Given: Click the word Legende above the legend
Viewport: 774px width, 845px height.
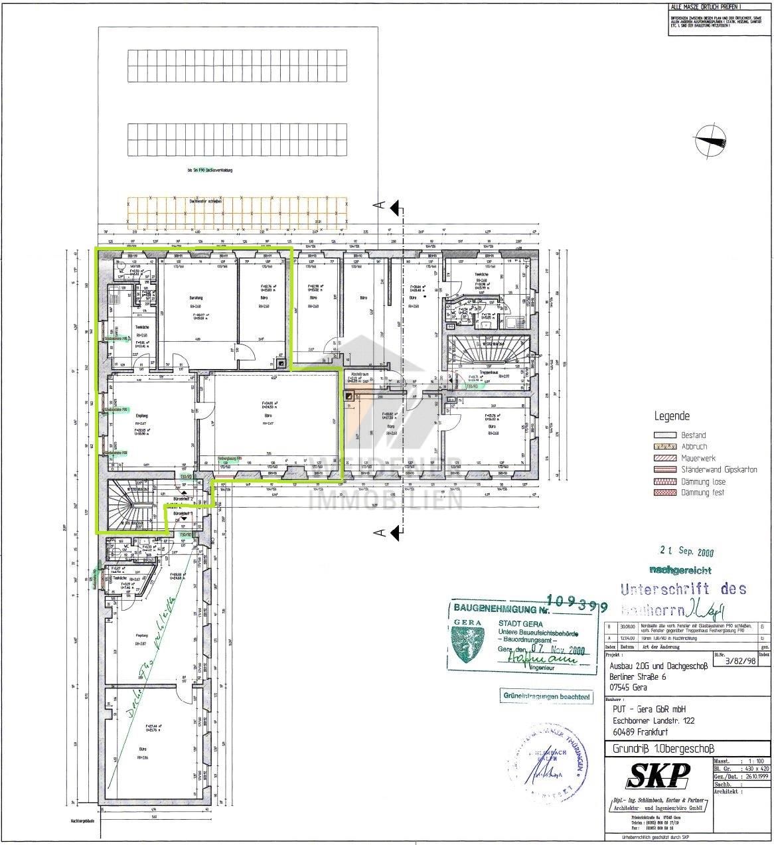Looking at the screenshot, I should tap(672, 417).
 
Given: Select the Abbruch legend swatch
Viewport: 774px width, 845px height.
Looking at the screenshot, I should tap(666, 447).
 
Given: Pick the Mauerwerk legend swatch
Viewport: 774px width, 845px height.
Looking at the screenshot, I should tap(666, 458).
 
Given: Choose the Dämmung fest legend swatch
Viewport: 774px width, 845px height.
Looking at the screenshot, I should tap(666, 493).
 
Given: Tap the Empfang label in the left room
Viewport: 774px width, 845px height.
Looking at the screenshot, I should tap(141, 416).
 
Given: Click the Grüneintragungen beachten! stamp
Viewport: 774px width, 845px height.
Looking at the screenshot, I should tap(547, 696).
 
